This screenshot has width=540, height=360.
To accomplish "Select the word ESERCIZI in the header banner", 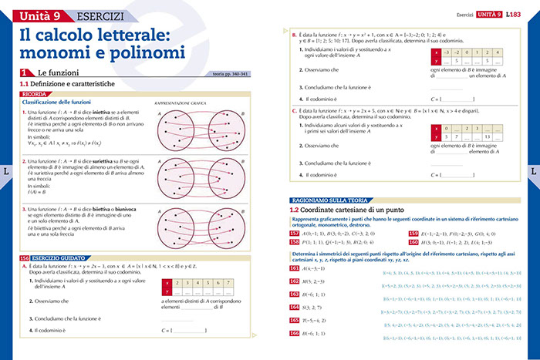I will click(90, 15).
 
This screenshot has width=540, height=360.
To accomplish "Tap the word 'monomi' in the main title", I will click(51, 53).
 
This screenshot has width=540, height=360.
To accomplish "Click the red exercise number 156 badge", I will click(24, 257).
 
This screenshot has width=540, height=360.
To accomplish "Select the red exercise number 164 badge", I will click(293, 305).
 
